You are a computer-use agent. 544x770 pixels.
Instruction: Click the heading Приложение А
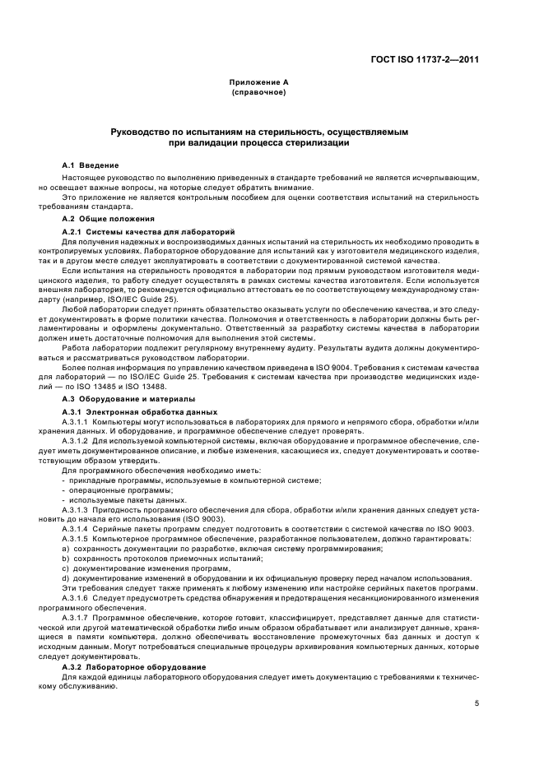258,83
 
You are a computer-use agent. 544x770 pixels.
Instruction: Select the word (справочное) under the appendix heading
258,91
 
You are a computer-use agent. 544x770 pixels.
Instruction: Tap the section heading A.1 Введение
91,165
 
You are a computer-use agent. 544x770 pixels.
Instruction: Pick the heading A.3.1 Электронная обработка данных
140,411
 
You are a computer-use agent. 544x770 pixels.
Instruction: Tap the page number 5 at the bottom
477,703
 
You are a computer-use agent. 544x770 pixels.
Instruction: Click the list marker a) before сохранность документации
66,547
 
